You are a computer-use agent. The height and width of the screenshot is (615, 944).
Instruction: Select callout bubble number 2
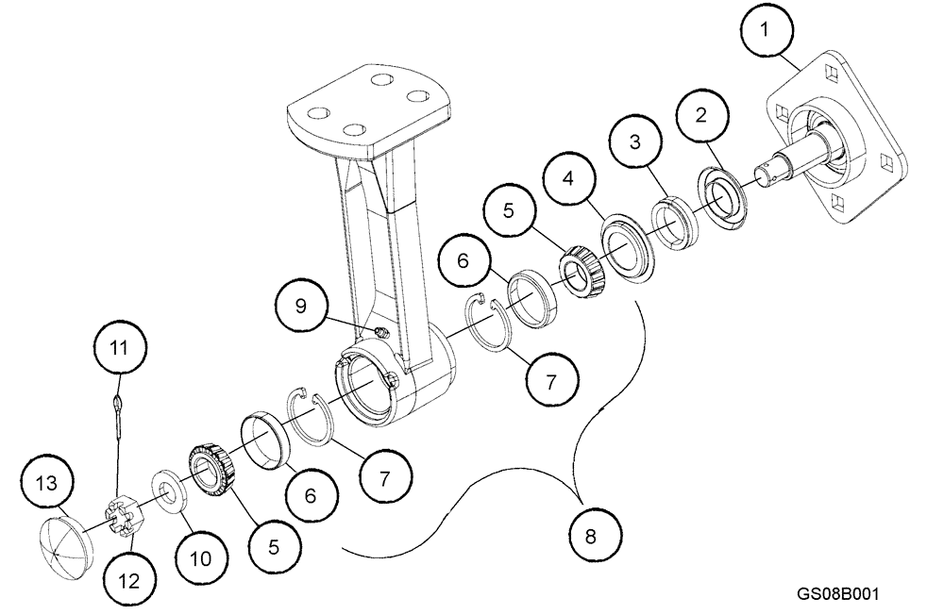click(x=700, y=116)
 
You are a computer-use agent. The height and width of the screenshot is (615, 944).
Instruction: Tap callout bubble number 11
click(x=120, y=348)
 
